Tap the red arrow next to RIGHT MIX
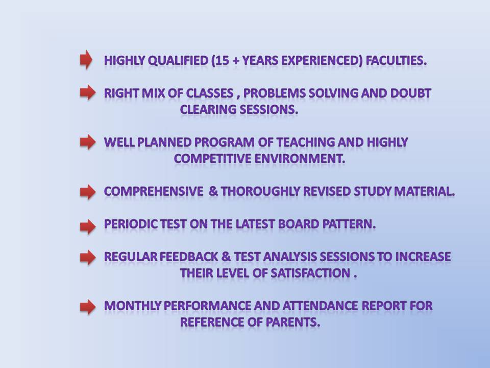pos(88,92)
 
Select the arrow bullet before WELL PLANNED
pos(88,142)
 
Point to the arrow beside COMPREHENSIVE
pos(88,192)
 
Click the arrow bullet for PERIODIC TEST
pos(88,226)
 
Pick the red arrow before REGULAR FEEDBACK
pos(88,257)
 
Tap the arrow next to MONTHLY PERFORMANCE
pos(88,307)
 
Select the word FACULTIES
pos(396,60)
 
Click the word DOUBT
pos(410,93)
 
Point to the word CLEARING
pos(208,109)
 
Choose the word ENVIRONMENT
pos(300,158)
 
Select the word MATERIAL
pos(424,191)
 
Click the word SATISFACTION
pos(310,273)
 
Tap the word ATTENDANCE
pos(320,306)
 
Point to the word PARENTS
pos(293,322)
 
